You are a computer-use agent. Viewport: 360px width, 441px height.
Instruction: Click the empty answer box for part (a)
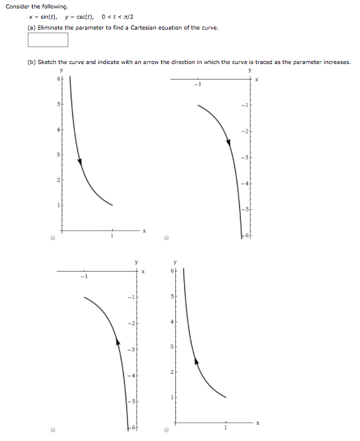(48, 40)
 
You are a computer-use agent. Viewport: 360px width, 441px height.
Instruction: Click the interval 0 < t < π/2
(118, 17)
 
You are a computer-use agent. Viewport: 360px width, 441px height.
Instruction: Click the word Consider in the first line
(17, 7)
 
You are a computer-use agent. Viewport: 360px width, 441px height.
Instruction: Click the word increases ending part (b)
(338, 62)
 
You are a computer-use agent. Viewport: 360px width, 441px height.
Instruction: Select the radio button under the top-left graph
(53, 238)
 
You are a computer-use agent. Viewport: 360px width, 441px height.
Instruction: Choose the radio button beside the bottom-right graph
(167, 431)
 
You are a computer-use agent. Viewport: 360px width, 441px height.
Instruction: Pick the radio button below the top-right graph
(167, 238)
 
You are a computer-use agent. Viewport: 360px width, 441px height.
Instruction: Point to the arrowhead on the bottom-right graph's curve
(195, 361)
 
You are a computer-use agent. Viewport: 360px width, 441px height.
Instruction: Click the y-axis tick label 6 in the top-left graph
(58, 80)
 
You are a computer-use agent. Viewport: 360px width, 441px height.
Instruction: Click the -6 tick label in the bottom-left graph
(130, 427)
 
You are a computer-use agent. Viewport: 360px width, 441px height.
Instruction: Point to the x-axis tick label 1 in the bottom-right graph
(227, 429)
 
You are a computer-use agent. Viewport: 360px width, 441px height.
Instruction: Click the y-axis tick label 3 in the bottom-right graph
(172, 346)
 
